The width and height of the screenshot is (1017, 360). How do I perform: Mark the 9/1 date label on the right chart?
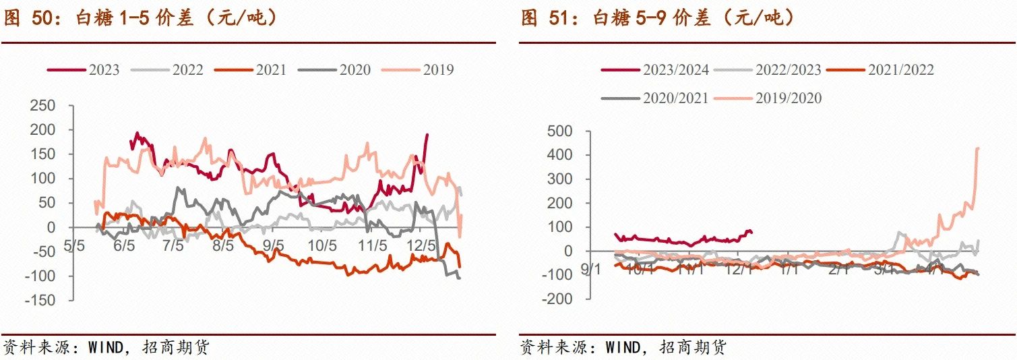[592, 270]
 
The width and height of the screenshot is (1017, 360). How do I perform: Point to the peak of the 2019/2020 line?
[978, 148]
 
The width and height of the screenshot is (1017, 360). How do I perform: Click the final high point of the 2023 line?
[427, 135]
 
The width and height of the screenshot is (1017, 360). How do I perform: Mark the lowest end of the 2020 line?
[460, 278]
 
